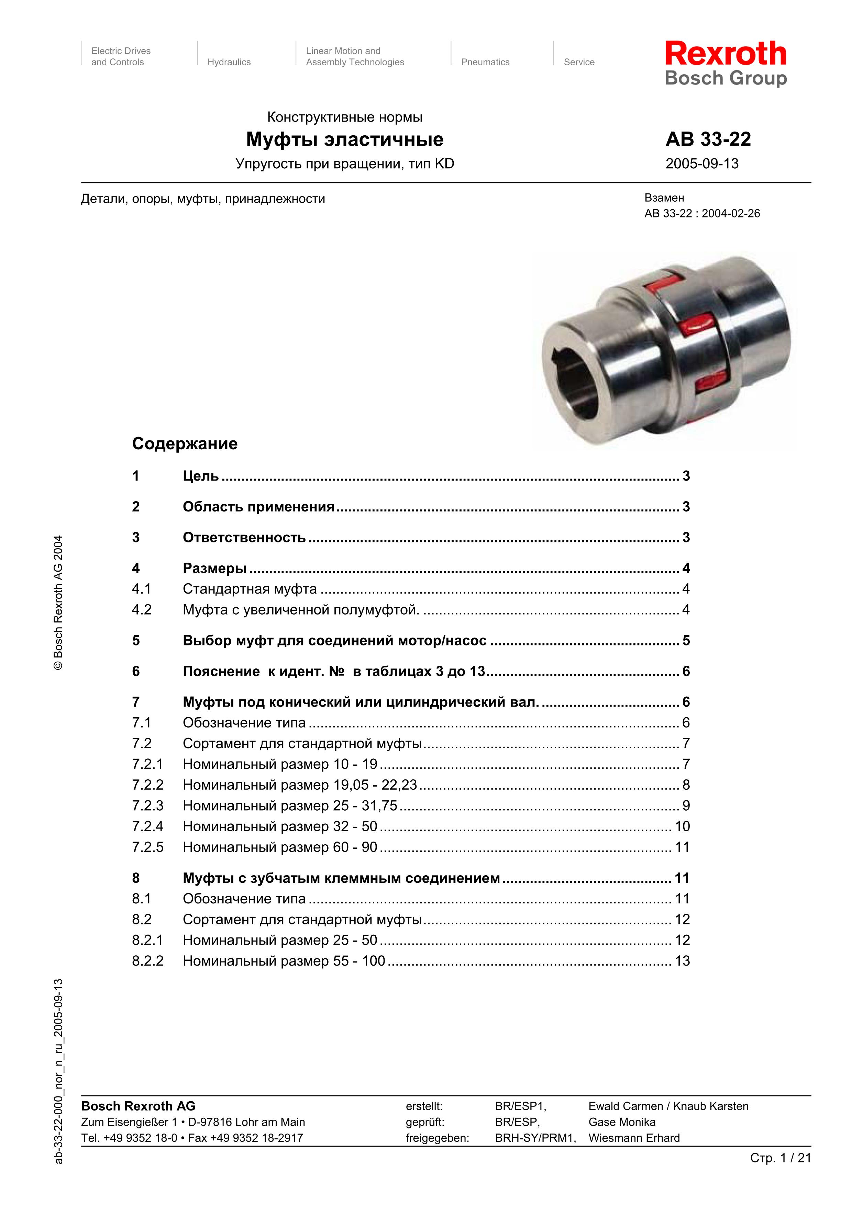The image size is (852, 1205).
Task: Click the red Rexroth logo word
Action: pos(726,54)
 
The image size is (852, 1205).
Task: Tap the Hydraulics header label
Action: pos(229,62)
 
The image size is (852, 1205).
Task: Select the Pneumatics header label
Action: pos(485,62)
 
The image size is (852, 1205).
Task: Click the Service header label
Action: pos(579,62)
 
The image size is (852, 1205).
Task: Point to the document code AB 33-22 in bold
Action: pos(708,139)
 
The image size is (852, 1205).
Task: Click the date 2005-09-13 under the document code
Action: pos(702,164)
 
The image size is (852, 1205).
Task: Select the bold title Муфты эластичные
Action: pos(344,139)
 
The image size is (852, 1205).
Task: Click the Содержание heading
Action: pos(185,443)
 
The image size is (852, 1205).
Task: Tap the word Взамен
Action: pos(664,198)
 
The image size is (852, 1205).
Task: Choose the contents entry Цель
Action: pos(200,476)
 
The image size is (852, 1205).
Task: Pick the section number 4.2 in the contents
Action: pos(142,609)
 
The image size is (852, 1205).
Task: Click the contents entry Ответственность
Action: pos(244,538)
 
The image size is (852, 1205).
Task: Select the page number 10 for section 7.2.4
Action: pos(682,826)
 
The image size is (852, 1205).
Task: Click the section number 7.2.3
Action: pos(147,805)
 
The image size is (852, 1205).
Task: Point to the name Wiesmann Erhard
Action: pos(634,1137)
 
